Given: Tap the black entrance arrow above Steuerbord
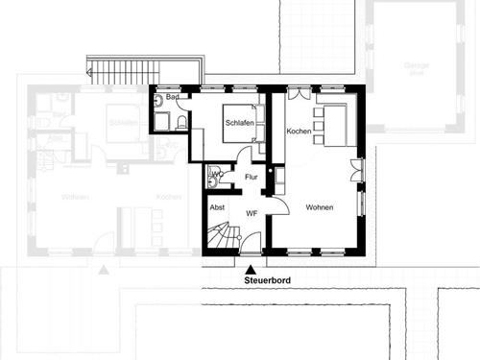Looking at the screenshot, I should point(251,269).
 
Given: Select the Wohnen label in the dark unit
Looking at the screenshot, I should point(320,206).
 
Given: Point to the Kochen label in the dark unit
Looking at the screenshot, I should point(299,131).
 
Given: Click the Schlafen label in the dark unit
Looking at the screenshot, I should point(239,123).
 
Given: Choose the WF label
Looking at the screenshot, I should point(252,213).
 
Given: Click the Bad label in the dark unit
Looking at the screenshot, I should point(173,98).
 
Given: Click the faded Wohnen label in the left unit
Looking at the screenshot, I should point(75,197).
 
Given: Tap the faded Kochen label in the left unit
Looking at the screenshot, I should point(170,197).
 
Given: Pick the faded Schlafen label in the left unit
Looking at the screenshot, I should point(123,123).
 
